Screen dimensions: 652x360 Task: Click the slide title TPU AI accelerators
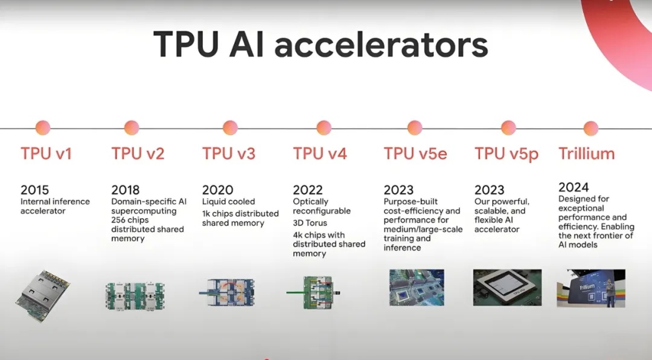pos(321,45)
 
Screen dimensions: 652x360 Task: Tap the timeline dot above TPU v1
pos(43,128)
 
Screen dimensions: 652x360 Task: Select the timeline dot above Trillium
pos(590,128)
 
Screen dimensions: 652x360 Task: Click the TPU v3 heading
pos(229,153)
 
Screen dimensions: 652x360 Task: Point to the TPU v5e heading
pos(415,153)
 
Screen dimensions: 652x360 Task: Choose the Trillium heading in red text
pos(586,153)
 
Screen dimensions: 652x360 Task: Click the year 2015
pos(34,190)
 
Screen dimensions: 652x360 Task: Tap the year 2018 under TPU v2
pos(125,190)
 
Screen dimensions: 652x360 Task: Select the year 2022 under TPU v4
pos(307,190)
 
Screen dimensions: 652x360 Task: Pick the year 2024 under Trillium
pos(574,187)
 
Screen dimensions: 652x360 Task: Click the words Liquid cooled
pos(228,201)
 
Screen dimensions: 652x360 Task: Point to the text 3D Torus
pos(310,223)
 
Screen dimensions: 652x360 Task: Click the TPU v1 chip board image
pos(42,296)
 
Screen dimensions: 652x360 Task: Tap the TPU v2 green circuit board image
pos(135,295)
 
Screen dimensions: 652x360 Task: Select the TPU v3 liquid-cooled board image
pos(226,292)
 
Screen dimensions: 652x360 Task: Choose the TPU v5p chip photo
pos(507,288)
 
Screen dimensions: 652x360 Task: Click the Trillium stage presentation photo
pos(591,288)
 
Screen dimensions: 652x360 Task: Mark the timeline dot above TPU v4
pos(324,128)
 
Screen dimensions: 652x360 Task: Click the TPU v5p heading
pos(507,154)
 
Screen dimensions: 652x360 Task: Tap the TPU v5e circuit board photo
pos(417,288)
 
